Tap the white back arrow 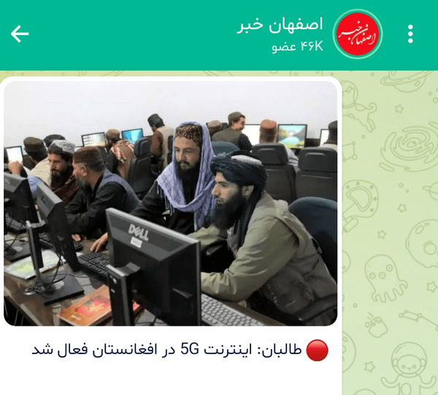20,34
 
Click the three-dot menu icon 410,34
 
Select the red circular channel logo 358,34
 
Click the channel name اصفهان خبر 280,25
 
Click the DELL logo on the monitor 138,231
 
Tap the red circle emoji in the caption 317,350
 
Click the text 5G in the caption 189,349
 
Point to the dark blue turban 239,168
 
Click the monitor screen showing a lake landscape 292,136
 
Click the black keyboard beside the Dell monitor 93,264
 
